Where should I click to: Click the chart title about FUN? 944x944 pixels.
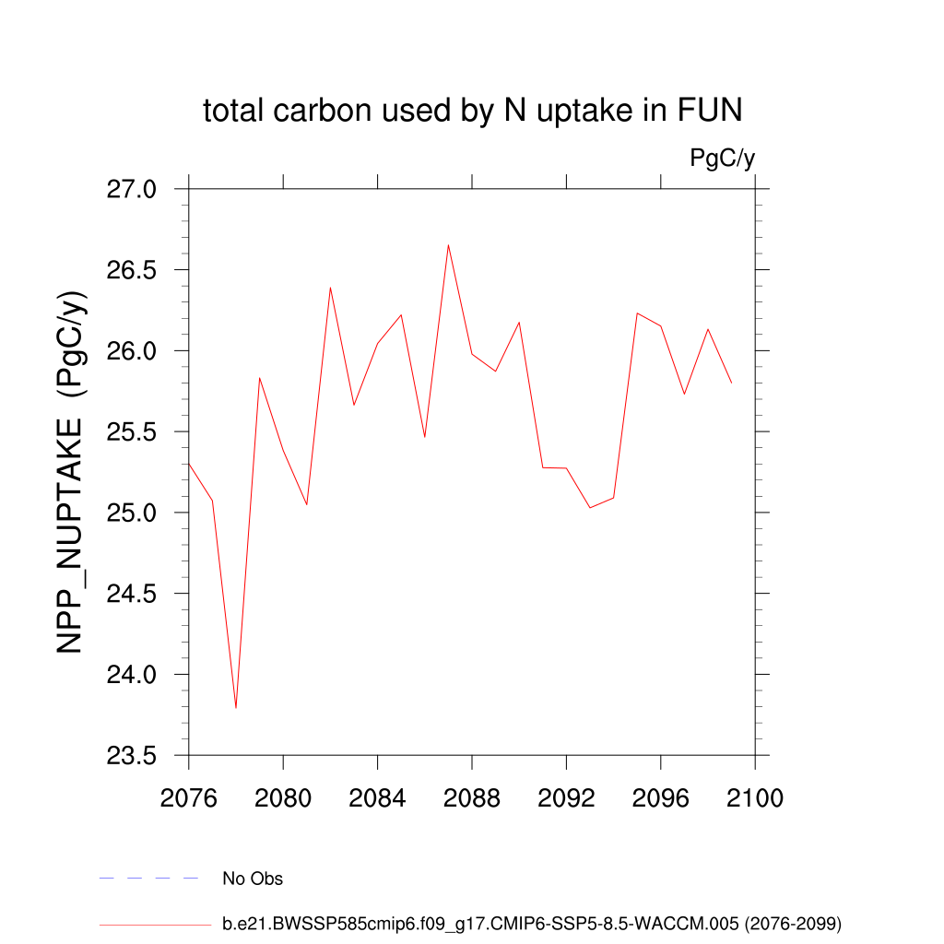click(472, 112)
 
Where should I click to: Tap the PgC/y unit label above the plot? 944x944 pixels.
click(723, 159)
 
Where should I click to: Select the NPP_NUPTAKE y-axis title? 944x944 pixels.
click(72, 472)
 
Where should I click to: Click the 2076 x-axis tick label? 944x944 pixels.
click(189, 797)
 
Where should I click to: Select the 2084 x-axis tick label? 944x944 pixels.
click(378, 797)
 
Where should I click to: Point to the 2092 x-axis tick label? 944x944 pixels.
click(566, 797)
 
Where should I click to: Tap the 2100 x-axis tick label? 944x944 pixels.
click(755, 797)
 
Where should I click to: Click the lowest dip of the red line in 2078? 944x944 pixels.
click(236, 707)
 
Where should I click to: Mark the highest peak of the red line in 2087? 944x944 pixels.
click(448, 245)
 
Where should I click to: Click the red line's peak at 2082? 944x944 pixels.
click(330, 288)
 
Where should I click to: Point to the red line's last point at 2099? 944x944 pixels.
click(731, 383)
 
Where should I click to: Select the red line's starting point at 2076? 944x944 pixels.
click(189, 463)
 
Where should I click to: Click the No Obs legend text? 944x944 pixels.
click(253, 879)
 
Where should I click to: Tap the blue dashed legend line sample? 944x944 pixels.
click(148, 879)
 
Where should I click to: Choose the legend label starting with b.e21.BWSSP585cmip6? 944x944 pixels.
click(532, 923)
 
